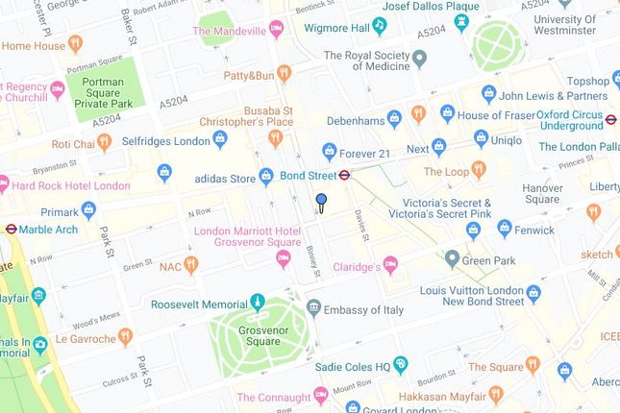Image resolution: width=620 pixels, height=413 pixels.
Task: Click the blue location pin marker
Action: click(321, 201)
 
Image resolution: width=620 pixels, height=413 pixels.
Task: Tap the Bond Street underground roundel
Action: click(345, 176)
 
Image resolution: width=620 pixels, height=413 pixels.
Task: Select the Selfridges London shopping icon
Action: click(220, 140)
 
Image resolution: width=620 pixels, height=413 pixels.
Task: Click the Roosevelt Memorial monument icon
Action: click(258, 304)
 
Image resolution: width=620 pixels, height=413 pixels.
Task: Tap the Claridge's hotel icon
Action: click(390, 265)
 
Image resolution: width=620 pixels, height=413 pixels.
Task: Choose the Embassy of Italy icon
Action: click(313, 309)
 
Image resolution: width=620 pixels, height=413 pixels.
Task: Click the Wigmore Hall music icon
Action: click(380, 26)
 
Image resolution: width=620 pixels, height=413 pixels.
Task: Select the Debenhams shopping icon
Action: click(393, 118)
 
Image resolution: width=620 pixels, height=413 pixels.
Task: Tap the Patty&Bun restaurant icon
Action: click(284, 73)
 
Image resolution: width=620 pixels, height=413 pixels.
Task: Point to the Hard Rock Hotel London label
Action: click(70, 185)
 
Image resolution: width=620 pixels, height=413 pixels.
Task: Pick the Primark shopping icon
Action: click(89, 209)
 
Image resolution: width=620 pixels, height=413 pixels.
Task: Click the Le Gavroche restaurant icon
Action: click(124, 337)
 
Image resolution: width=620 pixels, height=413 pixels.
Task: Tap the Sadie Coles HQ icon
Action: click(401, 365)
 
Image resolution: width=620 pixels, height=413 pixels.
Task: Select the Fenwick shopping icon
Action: click(473, 231)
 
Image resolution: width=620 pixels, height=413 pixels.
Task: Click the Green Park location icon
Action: click(452, 259)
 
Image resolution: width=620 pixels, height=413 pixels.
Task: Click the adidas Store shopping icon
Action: click(266, 177)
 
